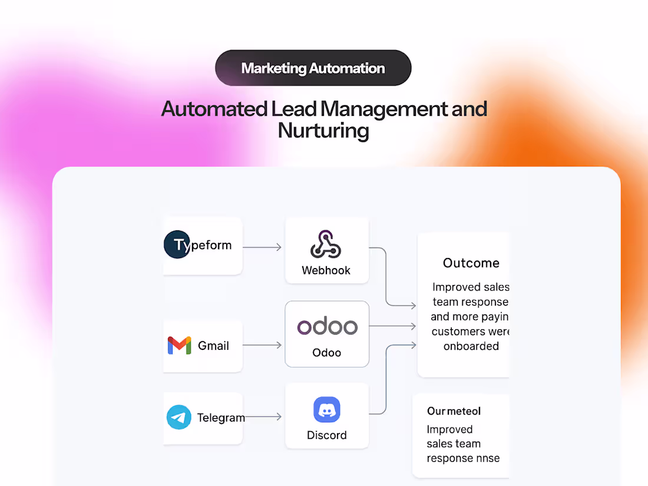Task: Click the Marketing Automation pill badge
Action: (x=313, y=68)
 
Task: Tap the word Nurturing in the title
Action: (x=323, y=130)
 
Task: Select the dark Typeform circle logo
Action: (x=177, y=245)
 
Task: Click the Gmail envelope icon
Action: (x=179, y=345)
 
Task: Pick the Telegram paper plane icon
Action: (x=178, y=417)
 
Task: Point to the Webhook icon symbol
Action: (x=326, y=244)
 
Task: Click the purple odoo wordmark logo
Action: (x=327, y=326)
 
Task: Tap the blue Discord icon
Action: (x=327, y=410)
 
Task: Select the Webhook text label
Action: (x=326, y=270)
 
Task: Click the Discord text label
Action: (x=326, y=435)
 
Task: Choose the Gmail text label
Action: (x=213, y=346)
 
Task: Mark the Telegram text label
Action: (x=221, y=418)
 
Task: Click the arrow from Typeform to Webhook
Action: (x=262, y=247)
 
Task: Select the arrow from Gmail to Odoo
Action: (x=262, y=345)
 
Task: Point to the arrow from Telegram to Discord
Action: (x=263, y=417)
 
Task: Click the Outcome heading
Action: (x=471, y=263)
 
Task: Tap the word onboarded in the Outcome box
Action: (x=471, y=346)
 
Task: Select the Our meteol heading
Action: (x=454, y=411)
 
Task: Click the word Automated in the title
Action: (x=214, y=109)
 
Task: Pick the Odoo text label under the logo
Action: (x=326, y=352)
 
